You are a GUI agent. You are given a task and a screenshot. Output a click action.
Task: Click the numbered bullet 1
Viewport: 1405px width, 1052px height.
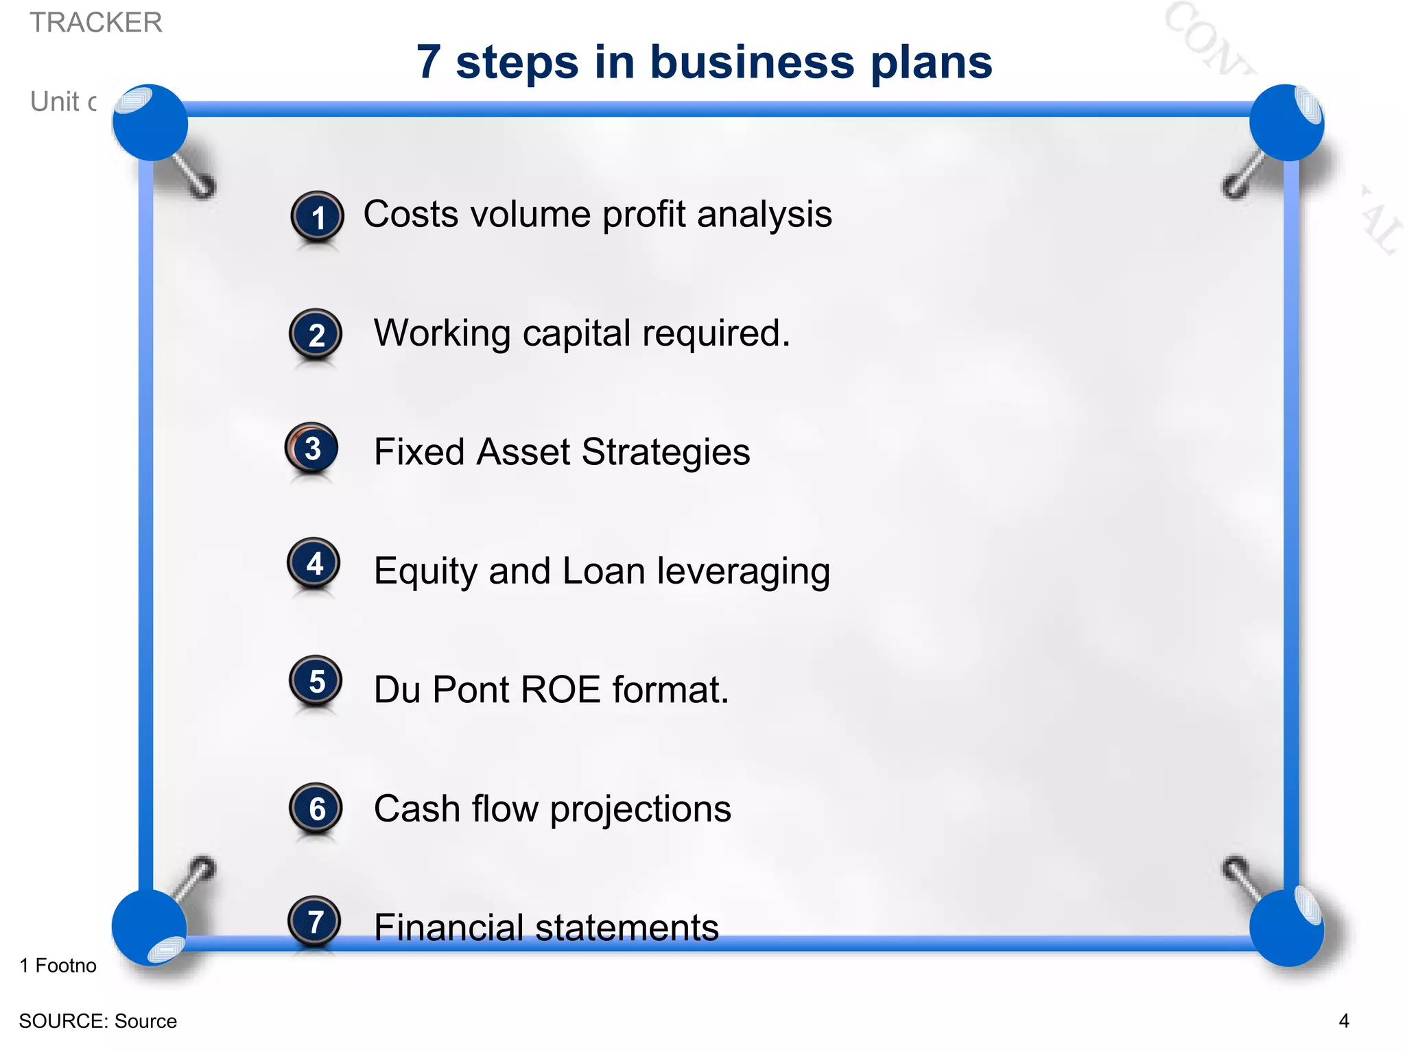(x=317, y=217)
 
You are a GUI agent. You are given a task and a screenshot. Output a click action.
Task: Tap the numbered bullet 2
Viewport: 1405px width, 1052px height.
(x=316, y=335)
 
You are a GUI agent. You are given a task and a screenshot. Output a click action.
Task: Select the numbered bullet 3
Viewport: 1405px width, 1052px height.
(x=312, y=449)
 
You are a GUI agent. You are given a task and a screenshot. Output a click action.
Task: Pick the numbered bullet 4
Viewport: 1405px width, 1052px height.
(x=314, y=564)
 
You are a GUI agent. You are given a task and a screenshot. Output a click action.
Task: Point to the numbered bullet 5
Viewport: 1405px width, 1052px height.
(x=316, y=682)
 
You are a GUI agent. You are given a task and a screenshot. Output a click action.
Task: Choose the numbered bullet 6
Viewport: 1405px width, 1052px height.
(x=316, y=809)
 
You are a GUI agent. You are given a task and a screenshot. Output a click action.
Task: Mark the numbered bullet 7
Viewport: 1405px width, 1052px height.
(x=315, y=922)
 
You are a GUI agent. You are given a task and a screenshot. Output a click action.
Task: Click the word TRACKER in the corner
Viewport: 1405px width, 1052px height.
(x=96, y=23)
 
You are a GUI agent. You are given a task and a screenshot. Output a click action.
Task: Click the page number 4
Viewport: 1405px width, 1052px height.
(x=1343, y=1020)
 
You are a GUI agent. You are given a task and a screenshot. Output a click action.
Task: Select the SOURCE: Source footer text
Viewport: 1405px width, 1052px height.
(x=98, y=1021)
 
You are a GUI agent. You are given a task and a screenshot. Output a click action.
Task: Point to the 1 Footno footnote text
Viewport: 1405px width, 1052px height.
(x=58, y=966)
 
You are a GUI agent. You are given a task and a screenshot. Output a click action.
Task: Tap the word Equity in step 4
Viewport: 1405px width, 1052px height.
(x=425, y=572)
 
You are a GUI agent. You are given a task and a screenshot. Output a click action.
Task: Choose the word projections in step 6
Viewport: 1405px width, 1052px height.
(x=640, y=809)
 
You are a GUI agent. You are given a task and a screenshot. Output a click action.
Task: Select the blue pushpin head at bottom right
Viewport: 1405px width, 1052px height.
(x=1286, y=927)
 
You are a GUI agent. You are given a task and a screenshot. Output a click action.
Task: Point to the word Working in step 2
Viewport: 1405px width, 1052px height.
(x=442, y=333)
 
